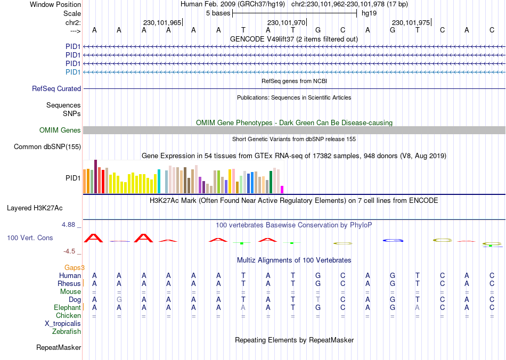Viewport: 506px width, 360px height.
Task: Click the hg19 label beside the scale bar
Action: [x=369, y=13]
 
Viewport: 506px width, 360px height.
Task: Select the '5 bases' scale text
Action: [x=218, y=13]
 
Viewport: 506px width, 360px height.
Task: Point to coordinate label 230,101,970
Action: [x=287, y=23]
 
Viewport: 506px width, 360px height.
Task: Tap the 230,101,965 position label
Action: [x=162, y=23]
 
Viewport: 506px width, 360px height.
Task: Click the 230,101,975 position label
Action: [x=411, y=23]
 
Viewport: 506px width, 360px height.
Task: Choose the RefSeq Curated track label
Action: [x=56, y=89]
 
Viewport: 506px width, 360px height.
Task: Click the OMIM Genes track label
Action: [x=60, y=130]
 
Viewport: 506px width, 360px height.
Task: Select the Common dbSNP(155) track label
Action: [x=47, y=146]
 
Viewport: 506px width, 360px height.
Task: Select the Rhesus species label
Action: [x=69, y=284]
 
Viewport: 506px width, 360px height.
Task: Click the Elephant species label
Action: [x=67, y=308]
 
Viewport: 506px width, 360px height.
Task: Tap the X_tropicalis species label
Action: [x=63, y=324]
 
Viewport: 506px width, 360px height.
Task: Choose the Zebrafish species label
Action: [x=67, y=332]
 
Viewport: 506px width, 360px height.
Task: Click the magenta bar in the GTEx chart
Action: [x=282, y=190]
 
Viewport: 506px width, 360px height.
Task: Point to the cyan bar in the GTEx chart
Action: [x=159, y=182]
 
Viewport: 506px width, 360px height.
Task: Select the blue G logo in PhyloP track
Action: [x=393, y=241]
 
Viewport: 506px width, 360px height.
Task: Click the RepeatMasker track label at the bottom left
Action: [x=59, y=348]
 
